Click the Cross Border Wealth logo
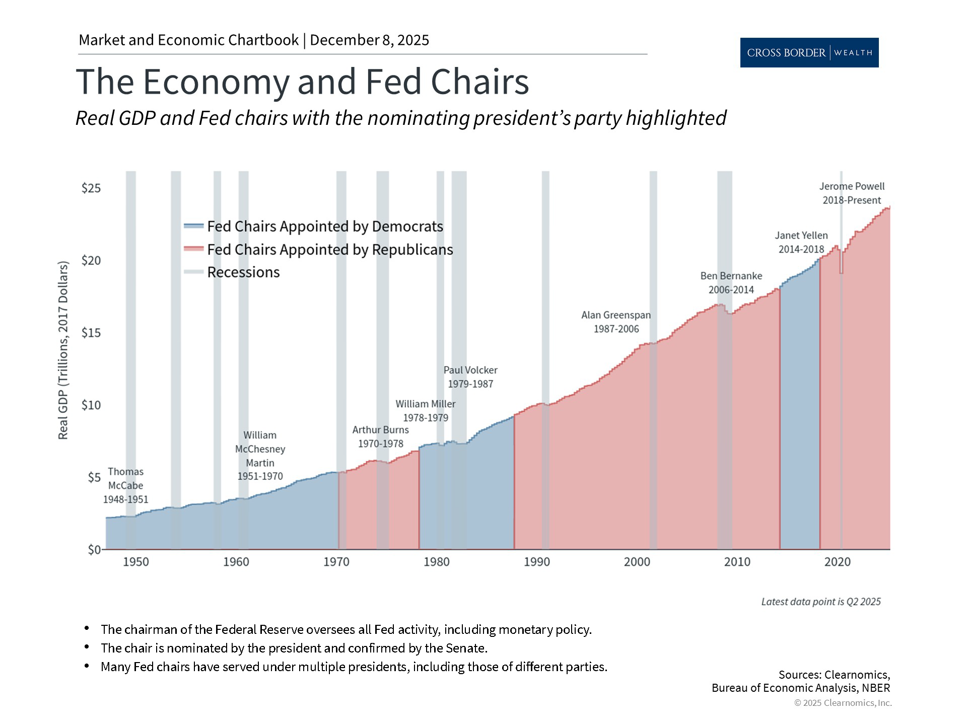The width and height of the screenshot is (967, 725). (x=809, y=52)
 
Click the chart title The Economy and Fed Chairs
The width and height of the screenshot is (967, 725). (x=302, y=82)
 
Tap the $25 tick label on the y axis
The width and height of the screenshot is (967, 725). (x=91, y=188)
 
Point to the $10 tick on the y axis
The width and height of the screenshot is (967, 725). (x=91, y=405)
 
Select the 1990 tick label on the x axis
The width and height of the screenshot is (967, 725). (x=537, y=562)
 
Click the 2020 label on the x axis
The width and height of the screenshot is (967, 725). (x=837, y=562)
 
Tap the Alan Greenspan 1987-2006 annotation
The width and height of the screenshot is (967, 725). (x=616, y=322)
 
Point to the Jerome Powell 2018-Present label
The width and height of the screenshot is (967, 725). (x=852, y=193)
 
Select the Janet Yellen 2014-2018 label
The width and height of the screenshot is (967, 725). (x=801, y=242)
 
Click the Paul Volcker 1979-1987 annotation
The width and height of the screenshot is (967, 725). (x=470, y=377)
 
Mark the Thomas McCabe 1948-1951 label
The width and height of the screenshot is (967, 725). (x=126, y=485)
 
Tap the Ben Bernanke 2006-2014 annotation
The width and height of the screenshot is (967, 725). (x=731, y=283)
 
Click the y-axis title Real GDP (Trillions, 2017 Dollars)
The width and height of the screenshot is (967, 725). (x=63, y=350)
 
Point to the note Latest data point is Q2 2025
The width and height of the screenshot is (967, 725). (x=821, y=602)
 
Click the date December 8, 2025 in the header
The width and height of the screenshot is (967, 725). (x=369, y=40)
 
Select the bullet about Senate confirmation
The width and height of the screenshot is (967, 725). (x=294, y=648)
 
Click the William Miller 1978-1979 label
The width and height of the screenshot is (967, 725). (x=426, y=411)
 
